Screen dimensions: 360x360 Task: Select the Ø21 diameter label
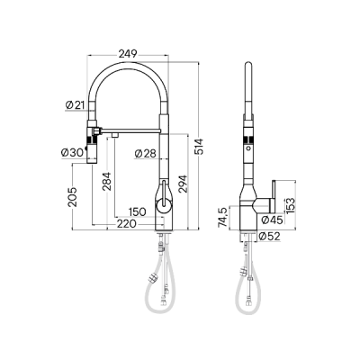[x=75, y=106]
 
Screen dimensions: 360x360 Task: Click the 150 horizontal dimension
[x=136, y=212]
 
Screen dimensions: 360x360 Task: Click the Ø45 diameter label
[x=271, y=219]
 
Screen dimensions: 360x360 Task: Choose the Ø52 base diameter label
[x=270, y=237]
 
